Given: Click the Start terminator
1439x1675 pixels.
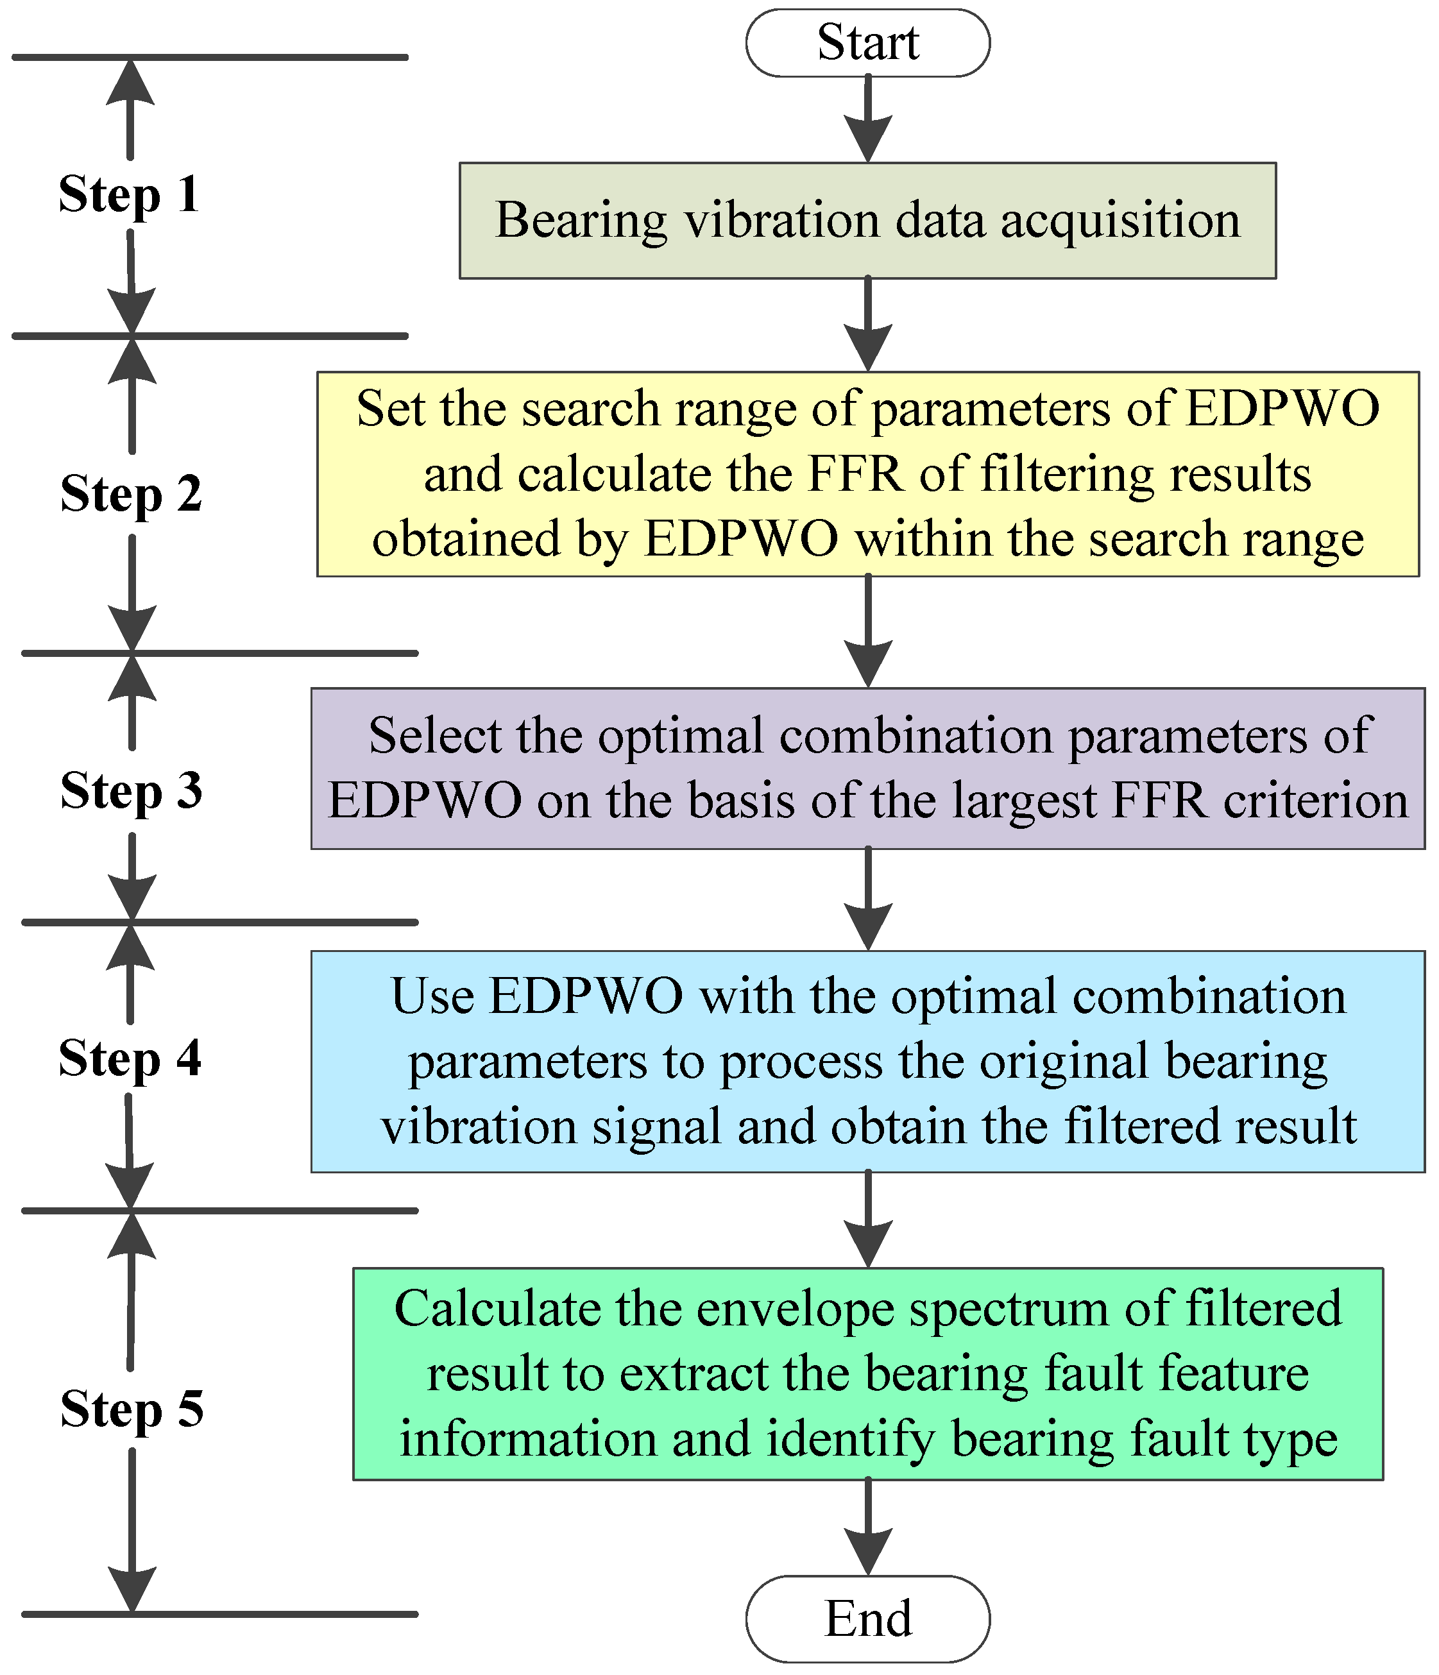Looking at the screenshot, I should point(867,43).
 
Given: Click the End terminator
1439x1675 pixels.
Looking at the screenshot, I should point(867,1619).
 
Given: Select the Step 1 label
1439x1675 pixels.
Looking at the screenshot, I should point(130,195).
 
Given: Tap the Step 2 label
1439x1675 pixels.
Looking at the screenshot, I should point(131,493).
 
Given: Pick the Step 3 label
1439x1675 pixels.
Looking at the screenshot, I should point(131,790).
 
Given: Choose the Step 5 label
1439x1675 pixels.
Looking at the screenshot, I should point(131,1408).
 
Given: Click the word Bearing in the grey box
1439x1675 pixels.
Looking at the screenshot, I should point(581,221).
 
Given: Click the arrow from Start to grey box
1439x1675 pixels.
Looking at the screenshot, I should point(867,119).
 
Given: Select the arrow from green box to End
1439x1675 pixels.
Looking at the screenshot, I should point(867,1528).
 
